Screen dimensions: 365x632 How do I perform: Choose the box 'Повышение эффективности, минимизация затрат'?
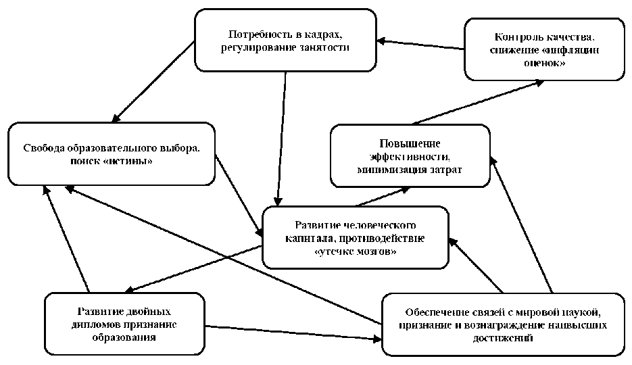point(410,155)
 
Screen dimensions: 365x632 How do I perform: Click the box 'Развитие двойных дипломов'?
point(124,324)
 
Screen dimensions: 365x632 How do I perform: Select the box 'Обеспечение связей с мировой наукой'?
point(504,324)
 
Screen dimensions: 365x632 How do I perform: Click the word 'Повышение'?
point(410,143)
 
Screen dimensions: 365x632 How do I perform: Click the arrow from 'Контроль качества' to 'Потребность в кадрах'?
point(421,45)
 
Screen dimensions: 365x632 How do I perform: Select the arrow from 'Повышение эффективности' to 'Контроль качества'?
point(477,102)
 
